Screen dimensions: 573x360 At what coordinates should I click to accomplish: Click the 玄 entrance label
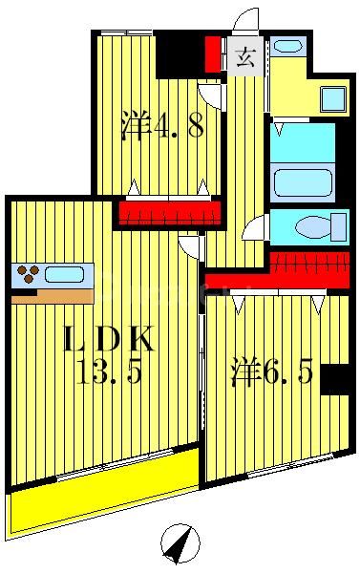244,56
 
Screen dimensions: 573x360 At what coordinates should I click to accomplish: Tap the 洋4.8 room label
163,127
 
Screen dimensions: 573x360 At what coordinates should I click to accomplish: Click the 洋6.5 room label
270,372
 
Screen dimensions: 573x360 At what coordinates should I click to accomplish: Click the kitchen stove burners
28,274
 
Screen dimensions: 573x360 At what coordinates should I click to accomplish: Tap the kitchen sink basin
64,275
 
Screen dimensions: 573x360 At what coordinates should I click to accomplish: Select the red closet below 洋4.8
163,211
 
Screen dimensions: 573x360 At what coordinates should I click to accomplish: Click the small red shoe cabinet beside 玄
213,54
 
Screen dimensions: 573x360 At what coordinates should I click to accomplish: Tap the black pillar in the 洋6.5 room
335,379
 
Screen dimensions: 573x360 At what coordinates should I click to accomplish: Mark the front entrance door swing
246,21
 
